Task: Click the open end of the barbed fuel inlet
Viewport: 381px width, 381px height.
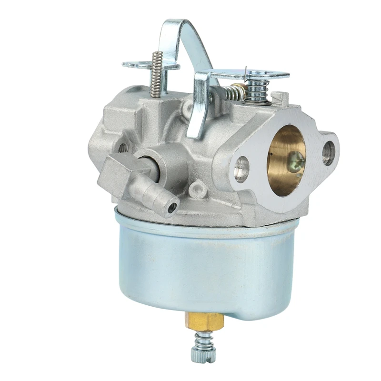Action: click(x=172, y=207)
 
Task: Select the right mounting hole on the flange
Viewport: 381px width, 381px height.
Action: click(x=328, y=153)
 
